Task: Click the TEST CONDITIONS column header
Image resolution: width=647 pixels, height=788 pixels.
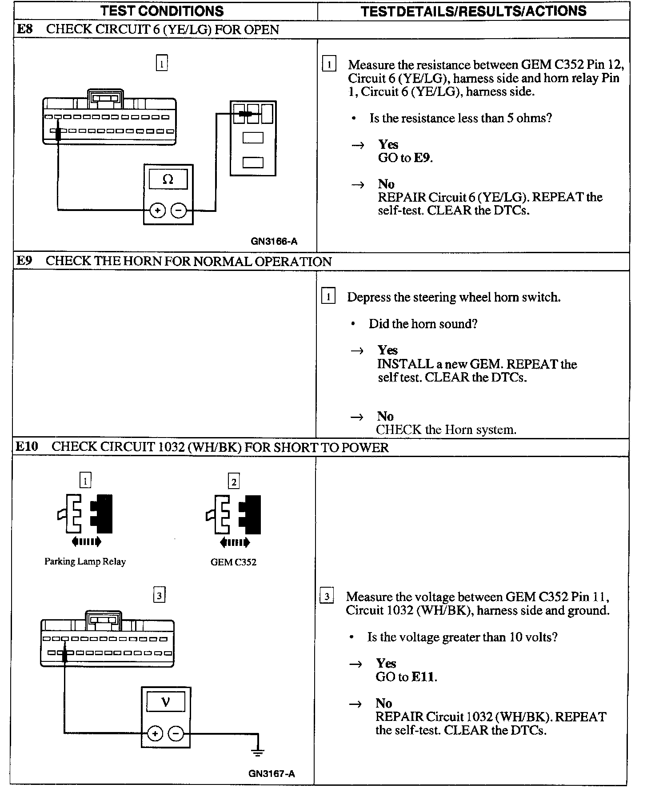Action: [x=162, y=11]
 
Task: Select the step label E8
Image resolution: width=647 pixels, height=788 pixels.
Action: [x=24, y=29]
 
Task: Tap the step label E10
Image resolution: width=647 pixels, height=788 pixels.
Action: [x=27, y=446]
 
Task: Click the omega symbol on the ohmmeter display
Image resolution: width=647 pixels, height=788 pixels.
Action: [x=168, y=179]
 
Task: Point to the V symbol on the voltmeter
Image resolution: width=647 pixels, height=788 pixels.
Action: [x=166, y=702]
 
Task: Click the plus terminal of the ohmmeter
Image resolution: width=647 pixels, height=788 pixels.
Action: [x=157, y=210]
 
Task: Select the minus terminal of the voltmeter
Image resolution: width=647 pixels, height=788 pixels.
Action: [x=176, y=733]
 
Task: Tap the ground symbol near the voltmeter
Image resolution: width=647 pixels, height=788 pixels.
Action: [x=258, y=752]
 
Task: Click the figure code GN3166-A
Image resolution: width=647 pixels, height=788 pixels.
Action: [x=274, y=242]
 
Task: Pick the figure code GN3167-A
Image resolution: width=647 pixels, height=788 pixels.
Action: [x=272, y=774]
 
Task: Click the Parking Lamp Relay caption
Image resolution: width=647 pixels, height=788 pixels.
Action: [x=85, y=561]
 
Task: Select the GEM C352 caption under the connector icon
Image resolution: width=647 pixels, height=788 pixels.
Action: [x=233, y=562]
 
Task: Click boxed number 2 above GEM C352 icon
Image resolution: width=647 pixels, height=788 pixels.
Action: [x=234, y=482]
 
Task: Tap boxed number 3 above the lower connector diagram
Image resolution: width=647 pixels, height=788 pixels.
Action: [x=159, y=595]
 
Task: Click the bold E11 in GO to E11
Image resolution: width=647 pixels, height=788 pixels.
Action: [x=423, y=677]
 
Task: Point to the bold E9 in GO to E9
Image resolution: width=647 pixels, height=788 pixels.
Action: [x=422, y=158]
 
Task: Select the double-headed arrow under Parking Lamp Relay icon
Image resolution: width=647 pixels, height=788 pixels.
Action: [x=86, y=541]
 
